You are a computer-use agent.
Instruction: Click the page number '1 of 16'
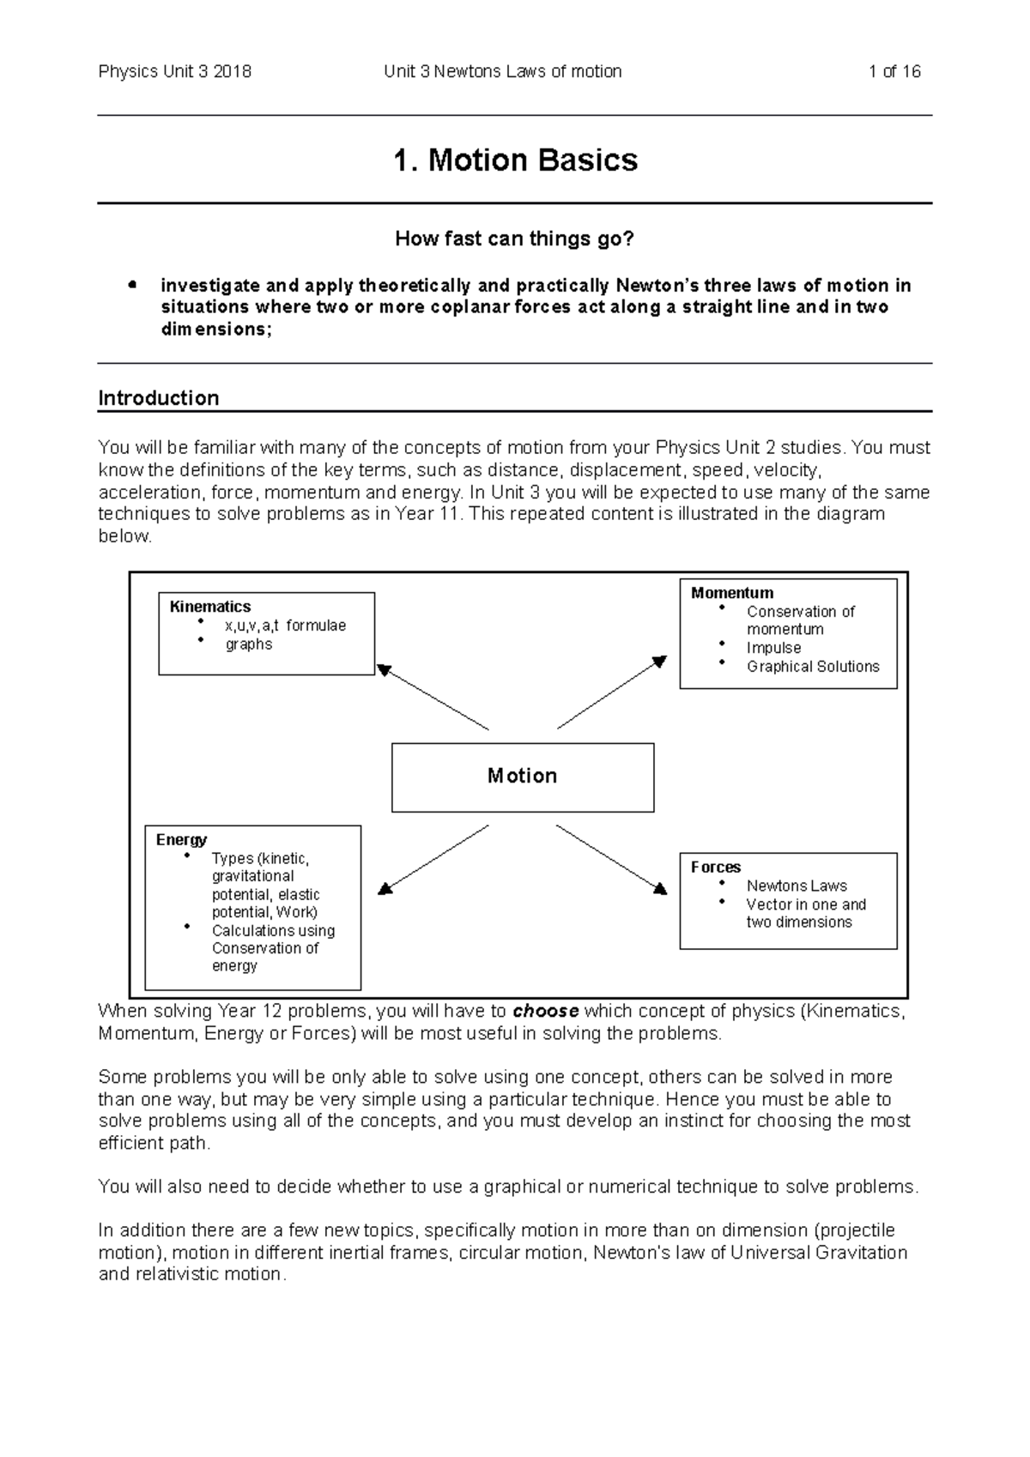click(894, 72)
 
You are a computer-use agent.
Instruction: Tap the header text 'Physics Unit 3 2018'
click(175, 72)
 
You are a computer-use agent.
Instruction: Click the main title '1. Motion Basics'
click(515, 160)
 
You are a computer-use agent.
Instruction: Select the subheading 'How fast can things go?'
click(514, 239)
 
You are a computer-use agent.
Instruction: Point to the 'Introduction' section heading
click(159, 398)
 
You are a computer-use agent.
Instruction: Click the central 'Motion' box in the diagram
click(523, 777)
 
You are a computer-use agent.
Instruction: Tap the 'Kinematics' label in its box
click(210, 607)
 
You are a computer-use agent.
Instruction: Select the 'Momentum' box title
click(732, 593)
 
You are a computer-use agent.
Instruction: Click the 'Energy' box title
click(181, 839)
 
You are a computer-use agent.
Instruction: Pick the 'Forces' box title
click(716, 867)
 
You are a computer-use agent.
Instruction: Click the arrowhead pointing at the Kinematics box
click(384, 670)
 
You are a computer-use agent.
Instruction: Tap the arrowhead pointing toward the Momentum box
click(660, 662)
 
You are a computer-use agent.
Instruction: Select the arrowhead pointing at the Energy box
click(385, 888)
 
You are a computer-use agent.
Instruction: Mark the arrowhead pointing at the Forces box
click(660, 888)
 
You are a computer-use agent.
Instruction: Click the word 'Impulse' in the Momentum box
click(773, 648)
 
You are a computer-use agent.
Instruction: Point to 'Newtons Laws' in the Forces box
click(797, 886)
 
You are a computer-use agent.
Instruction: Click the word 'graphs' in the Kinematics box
click(249, 644)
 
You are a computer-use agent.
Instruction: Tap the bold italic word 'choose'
click(546, 1011)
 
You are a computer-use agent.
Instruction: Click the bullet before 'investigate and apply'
click(131, 285)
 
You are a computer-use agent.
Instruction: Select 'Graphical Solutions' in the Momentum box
click(813, 667)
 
